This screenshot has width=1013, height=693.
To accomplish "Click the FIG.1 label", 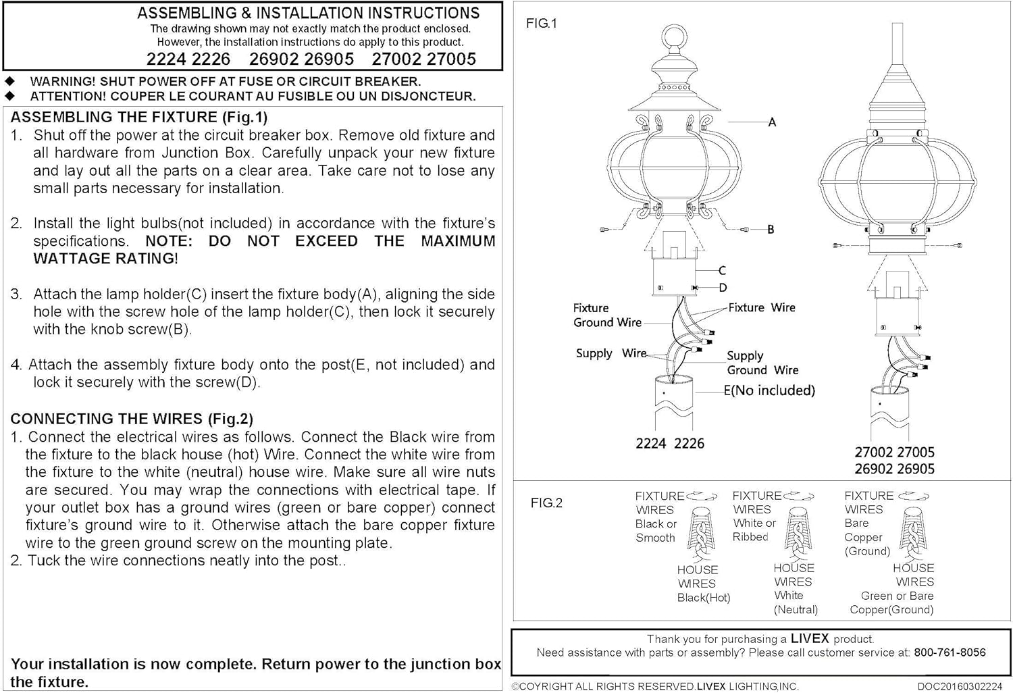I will tap(542, 24).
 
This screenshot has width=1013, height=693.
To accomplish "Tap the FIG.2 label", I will tap(546, 503).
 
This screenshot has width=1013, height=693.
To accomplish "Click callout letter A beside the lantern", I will tap(772, 122).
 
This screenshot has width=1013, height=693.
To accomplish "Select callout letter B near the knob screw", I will tap(771, 230).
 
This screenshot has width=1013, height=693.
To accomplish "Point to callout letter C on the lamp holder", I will tap(722, 271).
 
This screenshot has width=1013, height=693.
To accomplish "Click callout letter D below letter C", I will tap(723, 288).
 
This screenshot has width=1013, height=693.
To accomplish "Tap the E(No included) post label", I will tap(769, 390).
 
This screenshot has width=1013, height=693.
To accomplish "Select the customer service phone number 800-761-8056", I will tap(950, 652).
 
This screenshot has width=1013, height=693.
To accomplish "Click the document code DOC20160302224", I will tap(960, 686).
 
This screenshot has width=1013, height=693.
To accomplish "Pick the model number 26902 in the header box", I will tap(274, 59).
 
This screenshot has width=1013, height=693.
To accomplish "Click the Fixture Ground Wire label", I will tap(606, 315).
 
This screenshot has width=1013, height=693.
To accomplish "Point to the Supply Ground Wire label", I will tap(762, 363).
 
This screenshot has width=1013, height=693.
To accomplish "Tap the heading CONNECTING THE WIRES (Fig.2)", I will tap(132, 419).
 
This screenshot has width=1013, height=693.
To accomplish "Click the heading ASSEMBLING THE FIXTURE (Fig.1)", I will tap(139, 117).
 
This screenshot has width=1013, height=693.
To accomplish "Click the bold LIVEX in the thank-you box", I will tap(809, 638).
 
